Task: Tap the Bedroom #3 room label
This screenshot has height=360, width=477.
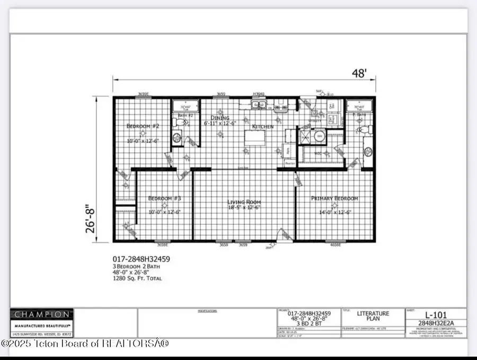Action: (x=165, y=199)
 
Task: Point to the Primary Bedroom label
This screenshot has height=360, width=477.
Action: (x=334, y=199)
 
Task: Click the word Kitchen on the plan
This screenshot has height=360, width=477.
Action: (x=262, y=127)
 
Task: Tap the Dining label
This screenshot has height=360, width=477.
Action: (x=220, y=118)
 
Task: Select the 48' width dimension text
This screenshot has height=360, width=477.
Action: (x=359, y=73)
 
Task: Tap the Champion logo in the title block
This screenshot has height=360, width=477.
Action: (x=41, y=314)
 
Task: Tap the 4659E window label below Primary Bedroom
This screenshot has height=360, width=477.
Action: (x=336, y=245)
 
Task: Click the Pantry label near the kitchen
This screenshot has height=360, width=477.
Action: (x=290, y=164)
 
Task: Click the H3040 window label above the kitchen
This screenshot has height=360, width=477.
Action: (x=259, y=94)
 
